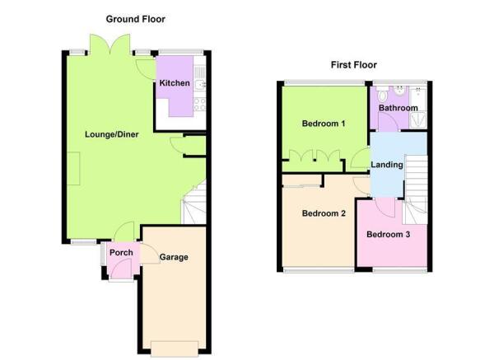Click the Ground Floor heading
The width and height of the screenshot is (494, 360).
point(136,18)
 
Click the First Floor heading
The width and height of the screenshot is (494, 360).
point(353,64)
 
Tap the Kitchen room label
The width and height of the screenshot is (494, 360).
point(175,83)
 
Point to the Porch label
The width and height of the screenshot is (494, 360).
point(121,253)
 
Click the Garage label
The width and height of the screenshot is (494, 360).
point(174,257)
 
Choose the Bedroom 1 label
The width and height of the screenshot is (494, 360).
point(323,124)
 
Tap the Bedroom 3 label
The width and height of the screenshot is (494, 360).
point(388,234)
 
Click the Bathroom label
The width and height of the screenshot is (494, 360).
point(398,108)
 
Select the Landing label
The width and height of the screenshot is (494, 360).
point(387,165)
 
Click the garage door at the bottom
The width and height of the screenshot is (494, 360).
point(175,345)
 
